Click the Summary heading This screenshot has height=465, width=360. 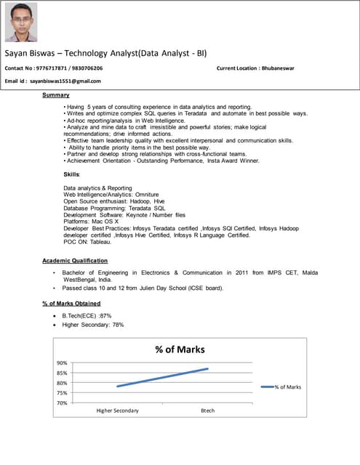click(x=56, y=95)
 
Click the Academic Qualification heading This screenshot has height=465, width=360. click(x=75, y=260)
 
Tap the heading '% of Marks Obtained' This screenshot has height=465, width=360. click(x=71, y=303)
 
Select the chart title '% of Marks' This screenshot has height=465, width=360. click(x=180, y=349)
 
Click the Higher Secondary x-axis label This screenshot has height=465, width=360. click(x=117, y=411)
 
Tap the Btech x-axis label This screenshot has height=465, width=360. click(x=207, y=411)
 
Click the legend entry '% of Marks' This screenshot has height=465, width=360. click(x=287, y=387)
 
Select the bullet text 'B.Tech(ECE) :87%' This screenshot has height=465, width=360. click(x=87, y=316)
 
